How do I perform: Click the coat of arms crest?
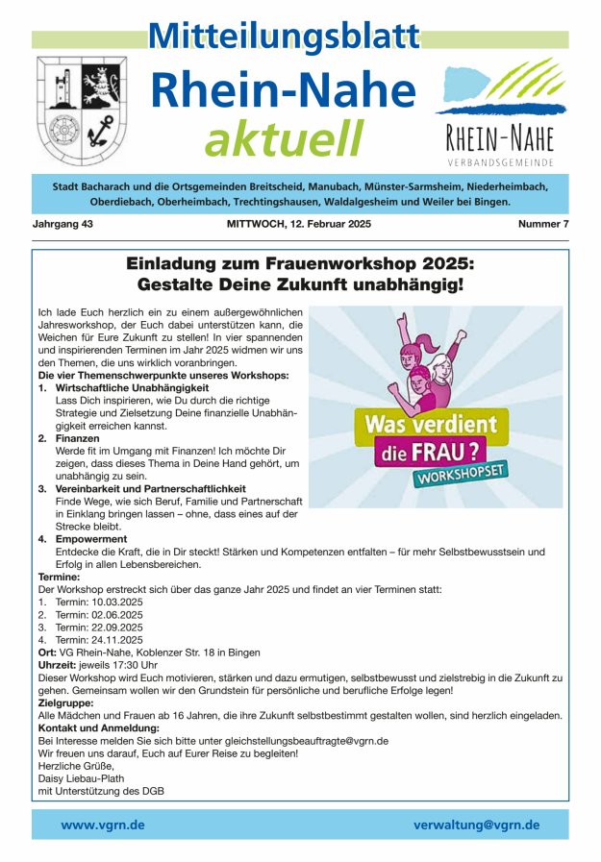click(x=82, y=111)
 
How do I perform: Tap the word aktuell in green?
click(x=284, y=139)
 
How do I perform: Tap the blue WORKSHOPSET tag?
click(x=461, y=475)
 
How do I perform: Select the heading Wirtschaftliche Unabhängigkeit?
click(x=125, y=387)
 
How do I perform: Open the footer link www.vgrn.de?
click(x=103, y=825)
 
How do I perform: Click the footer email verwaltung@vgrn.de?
click(x=476, y=825)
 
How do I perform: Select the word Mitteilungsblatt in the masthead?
click(x=285, y=37)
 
